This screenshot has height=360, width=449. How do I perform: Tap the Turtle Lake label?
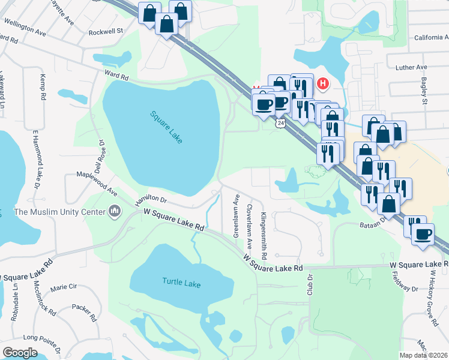click(181, 281)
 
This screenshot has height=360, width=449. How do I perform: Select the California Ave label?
click(431, 37)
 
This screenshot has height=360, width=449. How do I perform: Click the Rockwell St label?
click(105, 30)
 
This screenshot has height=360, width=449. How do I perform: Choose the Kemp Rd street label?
click(42, 88)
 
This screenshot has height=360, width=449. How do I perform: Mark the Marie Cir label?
click(64, 287)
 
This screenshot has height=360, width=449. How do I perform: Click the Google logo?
click(20, 353)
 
